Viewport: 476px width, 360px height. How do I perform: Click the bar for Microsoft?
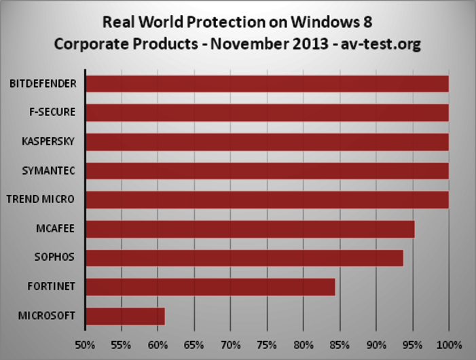[126, 317]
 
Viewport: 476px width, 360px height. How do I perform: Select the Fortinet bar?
[210, 287]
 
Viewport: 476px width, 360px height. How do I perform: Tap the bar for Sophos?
[244, 258]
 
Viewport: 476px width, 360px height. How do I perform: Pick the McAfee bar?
[250, 229]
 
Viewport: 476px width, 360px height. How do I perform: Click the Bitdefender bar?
[267, 84]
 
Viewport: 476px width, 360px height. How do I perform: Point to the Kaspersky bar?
[267, 142]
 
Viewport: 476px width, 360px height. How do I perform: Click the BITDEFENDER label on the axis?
[43, 84]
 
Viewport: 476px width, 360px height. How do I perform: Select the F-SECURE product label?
[52, 113]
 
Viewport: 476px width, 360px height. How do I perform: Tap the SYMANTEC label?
[49, 170]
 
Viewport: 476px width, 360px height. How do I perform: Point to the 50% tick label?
[85, 344]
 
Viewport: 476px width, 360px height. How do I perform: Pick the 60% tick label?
[158, 344]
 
